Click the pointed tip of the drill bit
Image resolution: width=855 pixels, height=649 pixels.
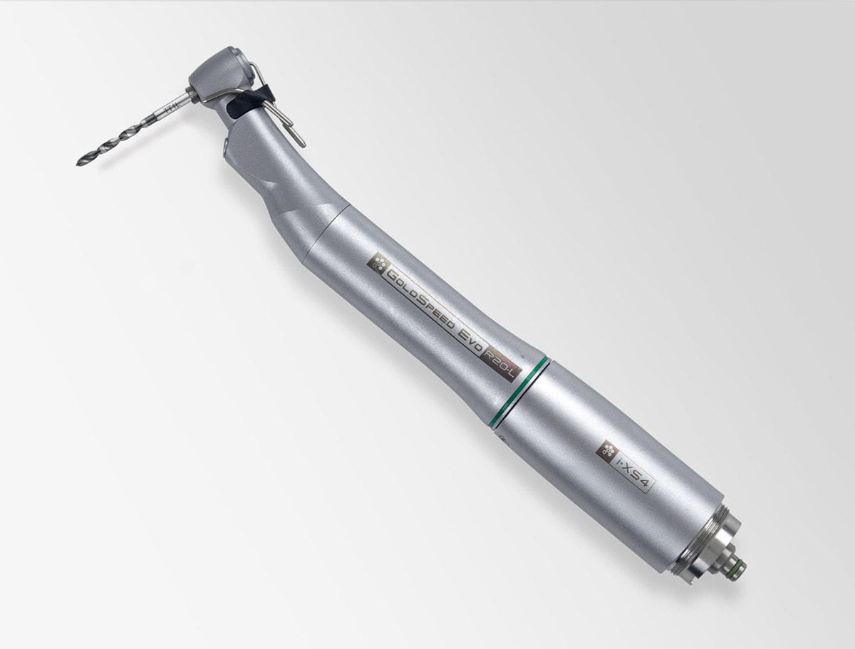tap(78, 163)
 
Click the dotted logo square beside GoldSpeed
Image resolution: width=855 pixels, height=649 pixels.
tap(376, 263)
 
